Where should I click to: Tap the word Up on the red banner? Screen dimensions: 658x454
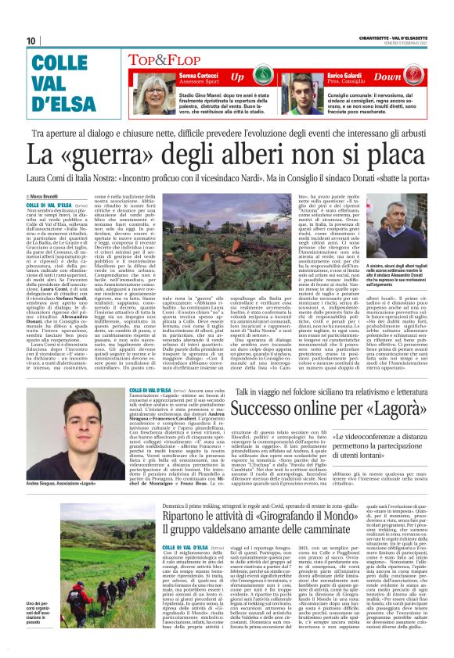point(237,77)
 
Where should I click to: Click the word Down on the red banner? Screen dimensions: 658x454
point(409,77)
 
